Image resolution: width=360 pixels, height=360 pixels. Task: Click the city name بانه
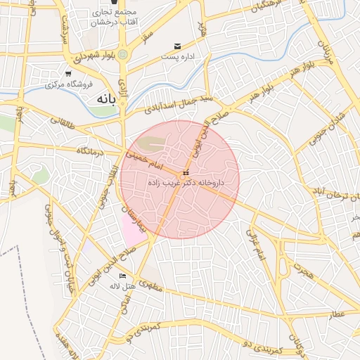[102, 100]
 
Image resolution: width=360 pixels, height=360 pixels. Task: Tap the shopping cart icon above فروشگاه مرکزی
[68, 73]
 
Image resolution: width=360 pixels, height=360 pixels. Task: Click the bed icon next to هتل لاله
[123, 276]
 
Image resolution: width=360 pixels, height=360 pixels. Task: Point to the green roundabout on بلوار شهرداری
[123, 53]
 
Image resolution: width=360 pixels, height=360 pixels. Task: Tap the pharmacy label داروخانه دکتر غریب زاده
[185, 182]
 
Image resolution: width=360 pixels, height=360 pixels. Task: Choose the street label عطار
[337, 314]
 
